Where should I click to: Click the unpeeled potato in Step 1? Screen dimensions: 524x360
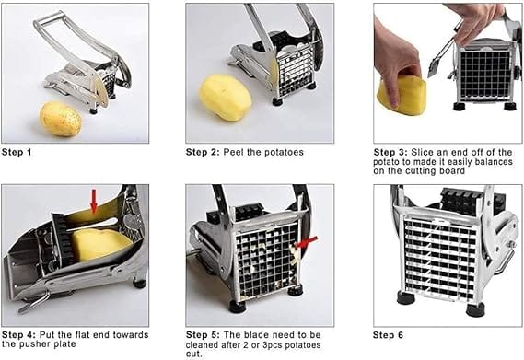[61, 119]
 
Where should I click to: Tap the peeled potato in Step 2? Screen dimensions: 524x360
[225, 98]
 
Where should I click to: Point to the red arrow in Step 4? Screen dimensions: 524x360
[94, 201]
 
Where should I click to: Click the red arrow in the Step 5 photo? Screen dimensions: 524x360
[307, 242]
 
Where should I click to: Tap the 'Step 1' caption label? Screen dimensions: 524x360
[17, 153]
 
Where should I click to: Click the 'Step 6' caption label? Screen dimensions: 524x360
[388, 335]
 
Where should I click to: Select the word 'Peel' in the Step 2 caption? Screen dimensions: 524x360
[233, 153]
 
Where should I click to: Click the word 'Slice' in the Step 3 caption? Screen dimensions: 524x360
[423, 153]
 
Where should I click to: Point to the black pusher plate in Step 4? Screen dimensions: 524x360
[63, 237]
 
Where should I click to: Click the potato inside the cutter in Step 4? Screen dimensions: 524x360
[100, 243]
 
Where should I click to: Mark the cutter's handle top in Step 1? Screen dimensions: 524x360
[50, 19]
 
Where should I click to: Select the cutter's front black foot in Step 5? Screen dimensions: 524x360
[238, 307]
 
